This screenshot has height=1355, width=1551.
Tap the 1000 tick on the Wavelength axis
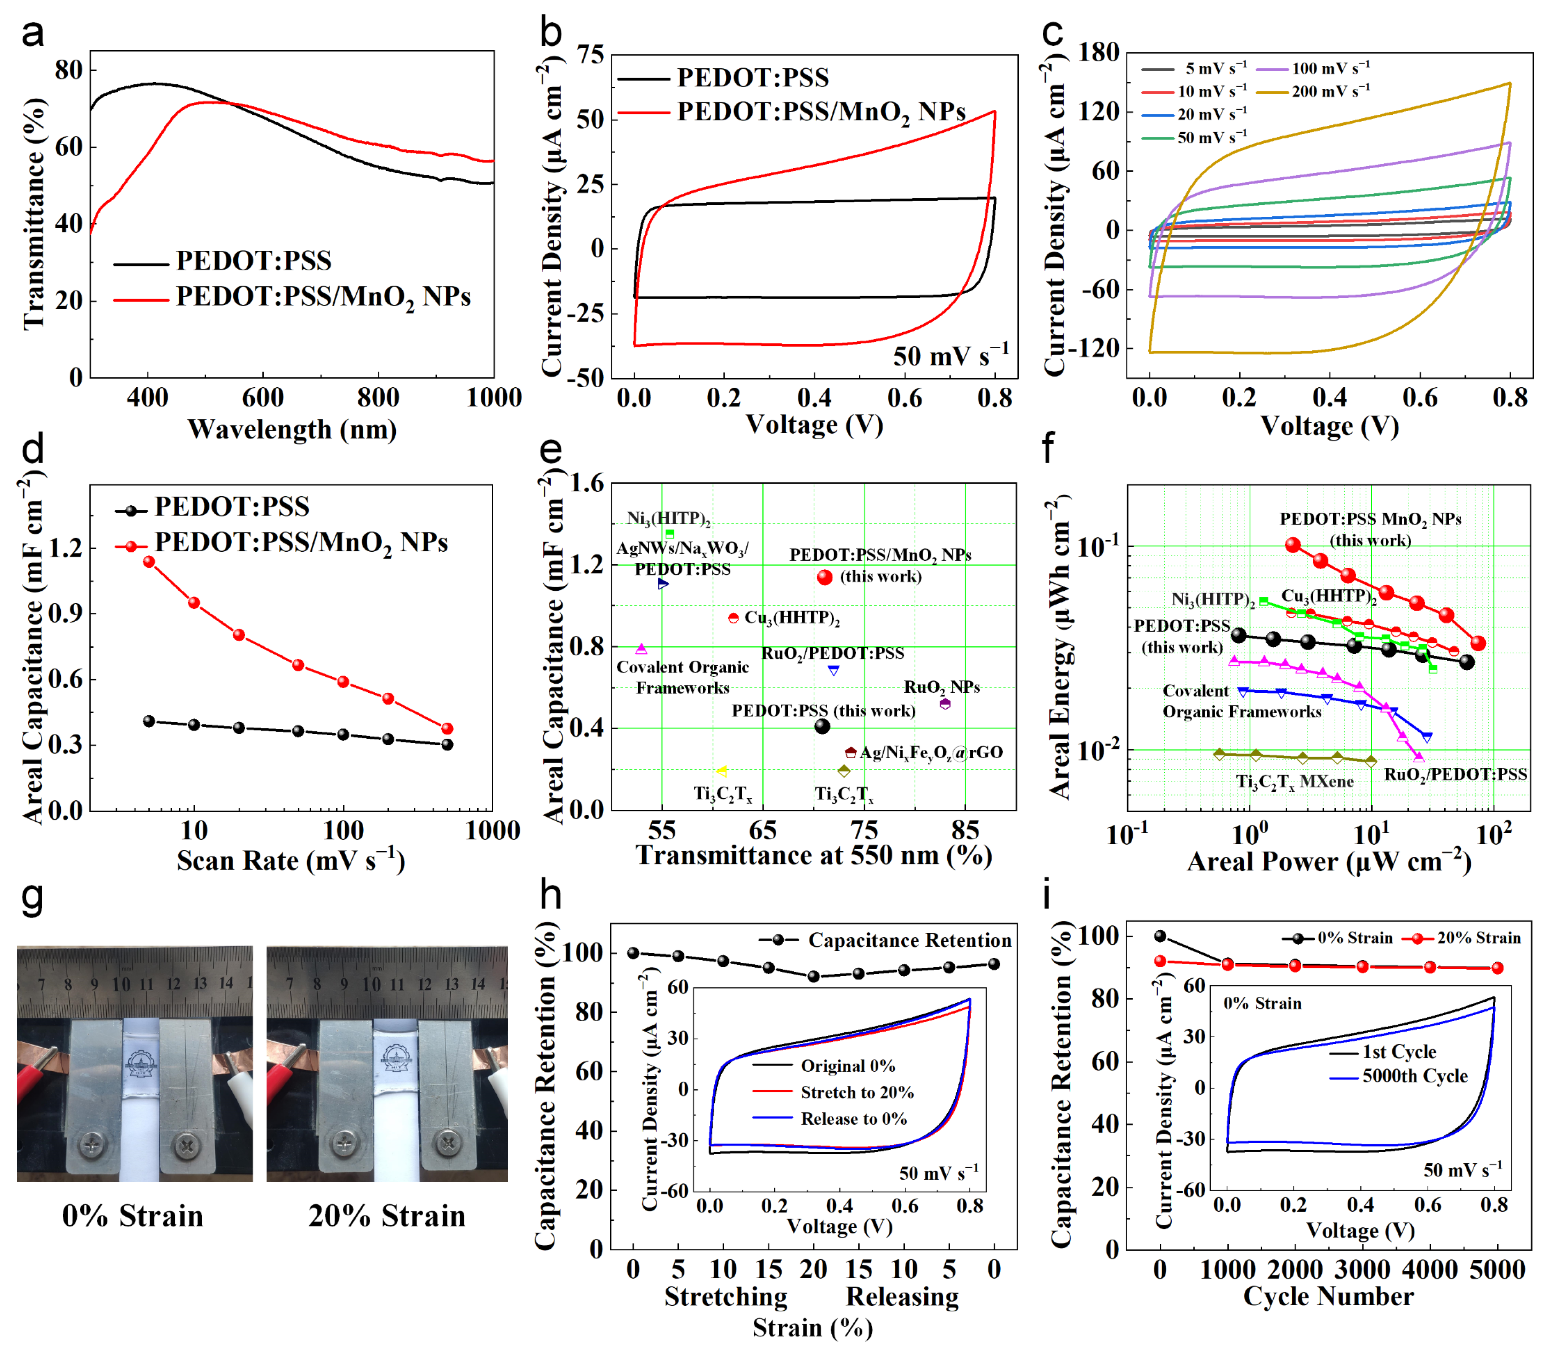point(493,398)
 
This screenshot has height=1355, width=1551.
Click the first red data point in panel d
point(149,562)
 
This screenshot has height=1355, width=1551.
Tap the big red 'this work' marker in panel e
point(825,577)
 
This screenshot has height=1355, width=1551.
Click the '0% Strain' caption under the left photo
point(133,1217)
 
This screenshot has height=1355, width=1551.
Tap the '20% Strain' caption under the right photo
point(387,1217)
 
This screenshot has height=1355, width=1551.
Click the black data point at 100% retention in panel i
point(1160,936)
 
